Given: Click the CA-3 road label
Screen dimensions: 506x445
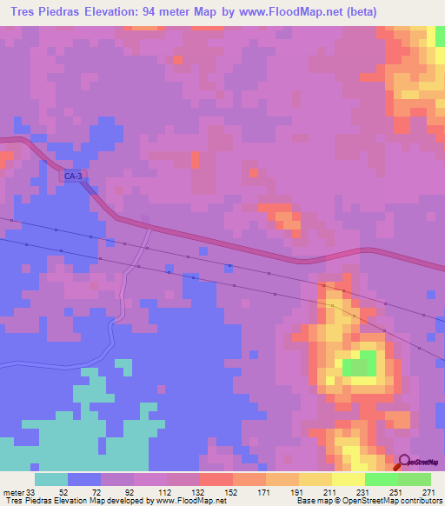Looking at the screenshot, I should pyautogui.click(x=73, y=176).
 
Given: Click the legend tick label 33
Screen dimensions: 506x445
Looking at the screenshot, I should pyautogui.click(x=31, y=492).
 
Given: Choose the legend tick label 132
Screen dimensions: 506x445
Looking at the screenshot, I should pyautogui.click(x=199, y=492).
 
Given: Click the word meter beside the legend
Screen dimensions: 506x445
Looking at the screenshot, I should pyautogui.click(x=13, y=492).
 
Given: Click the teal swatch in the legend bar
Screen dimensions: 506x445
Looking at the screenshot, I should pyautogui.click(x=51, y=479).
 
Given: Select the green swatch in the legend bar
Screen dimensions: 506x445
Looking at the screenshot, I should pyautogui.click(x=381, y=479).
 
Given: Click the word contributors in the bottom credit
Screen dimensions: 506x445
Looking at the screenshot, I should pyautogui.click(x=421, y=502).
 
